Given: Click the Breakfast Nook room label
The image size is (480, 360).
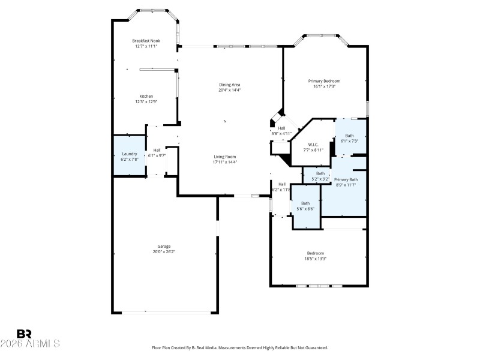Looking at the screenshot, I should (145, 41).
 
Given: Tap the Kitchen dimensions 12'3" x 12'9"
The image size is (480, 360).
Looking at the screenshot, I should (146, 102).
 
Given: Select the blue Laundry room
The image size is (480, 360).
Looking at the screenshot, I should (129, 155).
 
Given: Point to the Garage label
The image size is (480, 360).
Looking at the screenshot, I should (164, 246).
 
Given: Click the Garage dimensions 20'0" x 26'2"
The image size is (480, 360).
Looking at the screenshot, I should (164, 251).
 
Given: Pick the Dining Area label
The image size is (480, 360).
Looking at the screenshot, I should (229, 85).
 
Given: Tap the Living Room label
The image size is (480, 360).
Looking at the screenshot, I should (225, 156).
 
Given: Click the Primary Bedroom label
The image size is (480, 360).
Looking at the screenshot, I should (324, 81).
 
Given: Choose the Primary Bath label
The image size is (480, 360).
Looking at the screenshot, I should (346, 179).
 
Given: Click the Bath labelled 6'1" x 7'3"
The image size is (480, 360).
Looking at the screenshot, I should (349, 136).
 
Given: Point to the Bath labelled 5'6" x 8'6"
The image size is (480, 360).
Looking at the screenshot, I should (305, 203).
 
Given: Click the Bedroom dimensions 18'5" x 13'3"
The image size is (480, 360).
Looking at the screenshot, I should (316, 259).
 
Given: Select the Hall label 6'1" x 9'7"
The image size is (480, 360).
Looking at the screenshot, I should (157, 155).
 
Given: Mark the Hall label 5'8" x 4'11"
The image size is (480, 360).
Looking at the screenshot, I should (281, 133).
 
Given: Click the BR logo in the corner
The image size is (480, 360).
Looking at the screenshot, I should (23, 334).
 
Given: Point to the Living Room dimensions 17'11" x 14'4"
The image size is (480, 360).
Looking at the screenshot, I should (225, 162).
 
